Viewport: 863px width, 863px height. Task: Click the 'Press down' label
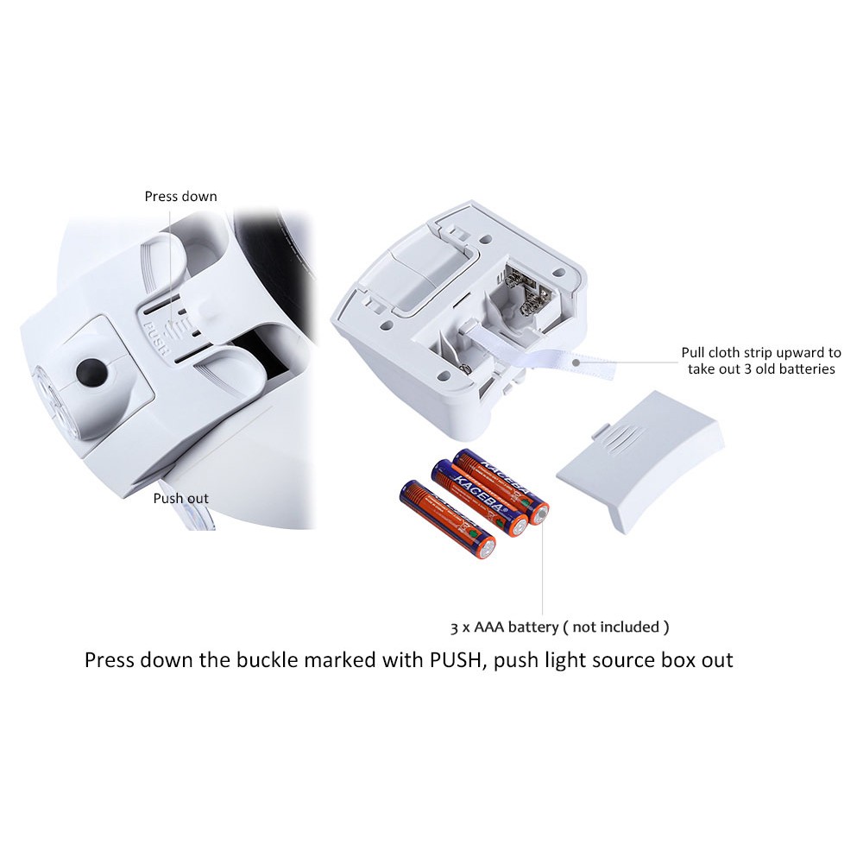tap(180, 197)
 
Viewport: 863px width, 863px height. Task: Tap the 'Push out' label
tap(180, 499)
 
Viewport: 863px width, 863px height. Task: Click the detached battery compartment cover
tap(640, 463)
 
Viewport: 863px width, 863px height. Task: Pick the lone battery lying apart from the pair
tap(447, 520)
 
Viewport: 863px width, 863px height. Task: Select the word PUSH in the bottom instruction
tap(455, 659)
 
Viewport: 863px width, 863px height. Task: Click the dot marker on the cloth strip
tap(576, 362)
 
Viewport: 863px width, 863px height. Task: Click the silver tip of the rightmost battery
tap(541, 514)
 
